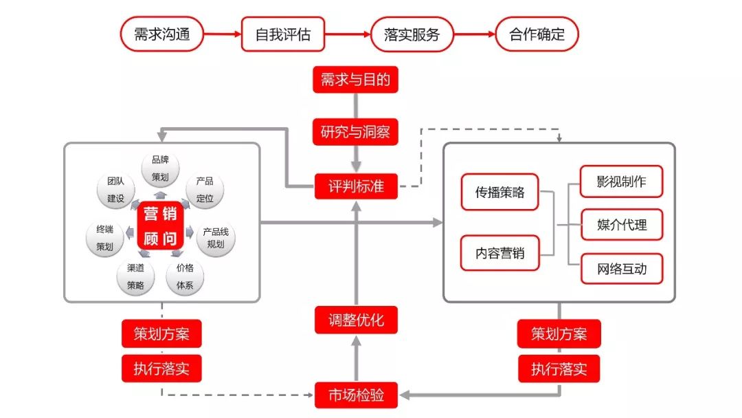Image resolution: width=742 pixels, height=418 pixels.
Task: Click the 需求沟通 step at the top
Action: (x=162, y=34)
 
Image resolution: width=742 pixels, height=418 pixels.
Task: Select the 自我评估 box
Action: (x=282, y=34)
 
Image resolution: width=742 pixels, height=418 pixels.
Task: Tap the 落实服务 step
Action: (x=412, y=34)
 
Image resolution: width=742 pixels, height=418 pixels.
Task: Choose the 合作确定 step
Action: (x=537, y=34)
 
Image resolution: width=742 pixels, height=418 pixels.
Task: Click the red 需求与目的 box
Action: (x=355, y=80)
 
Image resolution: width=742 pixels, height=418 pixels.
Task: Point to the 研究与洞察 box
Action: (x=355, y=131)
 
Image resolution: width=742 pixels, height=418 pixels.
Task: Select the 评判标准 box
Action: (x=356, y=186)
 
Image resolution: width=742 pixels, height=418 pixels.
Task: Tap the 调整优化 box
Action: (x=356, y=320)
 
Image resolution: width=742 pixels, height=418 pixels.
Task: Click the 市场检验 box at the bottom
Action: (x=356, y=395)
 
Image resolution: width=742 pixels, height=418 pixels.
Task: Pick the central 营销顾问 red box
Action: (x=160, y=225)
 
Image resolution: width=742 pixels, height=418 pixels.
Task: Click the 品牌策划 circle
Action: (x=160, y=168)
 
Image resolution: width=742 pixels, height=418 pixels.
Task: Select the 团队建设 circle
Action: (x=116, y=190)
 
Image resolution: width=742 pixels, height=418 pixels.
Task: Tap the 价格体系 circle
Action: (x=185, y=276)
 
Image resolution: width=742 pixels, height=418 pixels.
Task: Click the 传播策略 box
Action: (x=499, y=192)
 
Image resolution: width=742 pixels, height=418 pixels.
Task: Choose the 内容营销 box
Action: (x=499, y=253)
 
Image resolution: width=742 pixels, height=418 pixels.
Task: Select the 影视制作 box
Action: (x=621, y=183)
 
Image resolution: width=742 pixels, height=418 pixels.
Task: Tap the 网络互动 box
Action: (x=621, y=268)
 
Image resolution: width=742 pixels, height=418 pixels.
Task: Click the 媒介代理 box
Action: (x=621, y=225)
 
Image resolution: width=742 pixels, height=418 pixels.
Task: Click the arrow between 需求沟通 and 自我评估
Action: (x=223, y=34)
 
